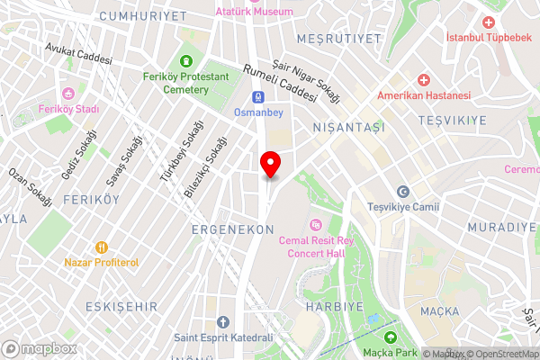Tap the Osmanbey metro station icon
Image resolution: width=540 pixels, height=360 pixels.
258,97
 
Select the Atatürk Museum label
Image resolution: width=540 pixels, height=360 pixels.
255,12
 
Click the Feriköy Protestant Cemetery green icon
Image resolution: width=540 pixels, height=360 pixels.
186,61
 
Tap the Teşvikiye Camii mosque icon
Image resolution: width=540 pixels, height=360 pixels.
403,191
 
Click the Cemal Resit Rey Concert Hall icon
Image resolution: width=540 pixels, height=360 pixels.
315,225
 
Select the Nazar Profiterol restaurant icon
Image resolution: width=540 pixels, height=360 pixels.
101,247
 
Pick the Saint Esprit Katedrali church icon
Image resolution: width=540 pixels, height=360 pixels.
223,321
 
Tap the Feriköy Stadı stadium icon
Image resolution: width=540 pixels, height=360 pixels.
67,93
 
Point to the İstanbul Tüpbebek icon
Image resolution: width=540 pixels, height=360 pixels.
489,22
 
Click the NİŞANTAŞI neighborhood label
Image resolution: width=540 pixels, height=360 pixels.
348,129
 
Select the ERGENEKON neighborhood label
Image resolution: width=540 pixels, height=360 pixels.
232,230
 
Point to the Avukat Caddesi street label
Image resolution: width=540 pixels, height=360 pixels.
78,53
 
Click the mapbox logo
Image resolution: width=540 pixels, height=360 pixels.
39,347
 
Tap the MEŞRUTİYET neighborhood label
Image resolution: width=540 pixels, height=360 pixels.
350,39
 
